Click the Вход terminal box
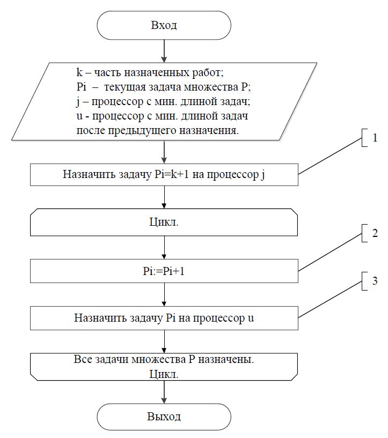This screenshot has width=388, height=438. click(x=164, y=25)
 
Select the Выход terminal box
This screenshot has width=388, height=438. click(x=164, y=417)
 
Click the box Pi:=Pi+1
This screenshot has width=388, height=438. click(x=164, y=271)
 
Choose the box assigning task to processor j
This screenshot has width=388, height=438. click(x=164, y=174)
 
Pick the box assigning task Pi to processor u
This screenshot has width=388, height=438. click(x=164, y=318)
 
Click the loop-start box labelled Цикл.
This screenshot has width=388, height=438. click(x=164, y=222)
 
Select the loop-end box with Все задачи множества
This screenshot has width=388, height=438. click(x=164, y=366)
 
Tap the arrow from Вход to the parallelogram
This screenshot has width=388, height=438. click(x=164, y=50)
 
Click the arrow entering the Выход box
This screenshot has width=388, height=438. click(x=164, y=391)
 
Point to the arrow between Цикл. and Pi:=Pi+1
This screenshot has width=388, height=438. click(x=164, y=247)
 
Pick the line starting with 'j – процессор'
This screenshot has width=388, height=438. click(x=161, y=101)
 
